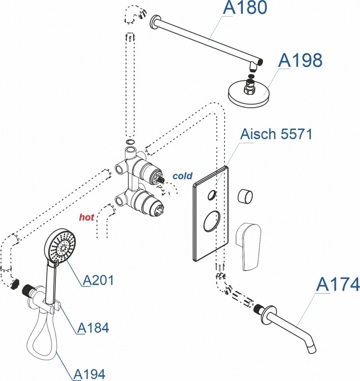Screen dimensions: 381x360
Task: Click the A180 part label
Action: pos(245,9)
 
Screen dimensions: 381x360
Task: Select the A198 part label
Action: pos(301,60)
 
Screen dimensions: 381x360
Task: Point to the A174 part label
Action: pos(338,284)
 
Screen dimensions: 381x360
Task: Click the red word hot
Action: pos(86,217)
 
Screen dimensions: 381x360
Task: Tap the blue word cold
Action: pos(182,176)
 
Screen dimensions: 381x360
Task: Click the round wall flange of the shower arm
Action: pos(152,23)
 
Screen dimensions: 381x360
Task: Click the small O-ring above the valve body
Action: pos(130,142)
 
